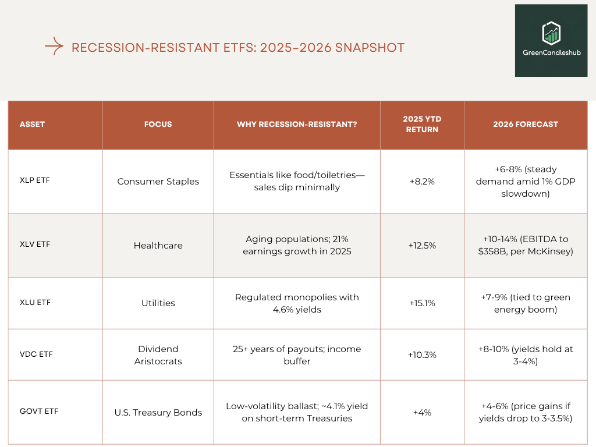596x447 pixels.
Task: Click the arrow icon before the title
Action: [54, 47]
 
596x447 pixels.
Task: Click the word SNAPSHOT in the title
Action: [370, 48]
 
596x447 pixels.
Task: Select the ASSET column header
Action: [32, 124]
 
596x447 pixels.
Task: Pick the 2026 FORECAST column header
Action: [525, 124]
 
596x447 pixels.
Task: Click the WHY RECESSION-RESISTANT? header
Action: [297, 124]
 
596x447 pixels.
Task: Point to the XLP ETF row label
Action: [35, 180]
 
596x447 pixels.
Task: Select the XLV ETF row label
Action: [35, 244]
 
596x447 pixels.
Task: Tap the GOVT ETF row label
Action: [39, 411]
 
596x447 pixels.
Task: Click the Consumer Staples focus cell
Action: [158, 182]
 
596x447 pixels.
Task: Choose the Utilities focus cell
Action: [158, 303]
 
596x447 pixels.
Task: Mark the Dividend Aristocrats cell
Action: [158, 355]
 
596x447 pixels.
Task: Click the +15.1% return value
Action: [422, 303]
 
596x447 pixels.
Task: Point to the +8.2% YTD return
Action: [422, 182]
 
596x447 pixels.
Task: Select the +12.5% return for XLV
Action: [422, 246]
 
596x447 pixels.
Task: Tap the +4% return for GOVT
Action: [422, 413]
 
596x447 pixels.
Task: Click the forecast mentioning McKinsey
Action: [525, 246]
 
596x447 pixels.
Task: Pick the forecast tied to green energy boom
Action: [525, 303]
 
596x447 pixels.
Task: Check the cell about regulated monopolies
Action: [297, 303]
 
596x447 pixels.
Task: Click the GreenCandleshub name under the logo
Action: [551, 52]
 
